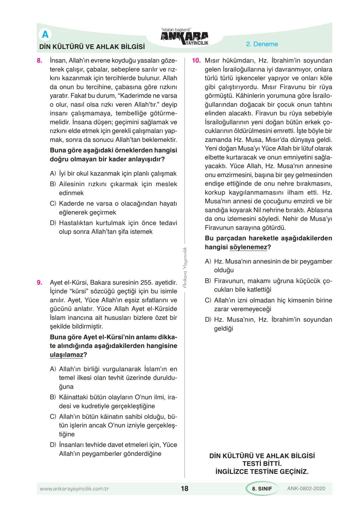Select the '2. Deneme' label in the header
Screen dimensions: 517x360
262,44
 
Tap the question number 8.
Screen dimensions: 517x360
40,61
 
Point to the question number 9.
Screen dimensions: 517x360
40,283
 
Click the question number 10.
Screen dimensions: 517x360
196,61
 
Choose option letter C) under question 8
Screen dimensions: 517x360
53,203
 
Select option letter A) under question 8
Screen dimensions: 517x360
53,173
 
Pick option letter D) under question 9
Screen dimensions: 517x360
53,445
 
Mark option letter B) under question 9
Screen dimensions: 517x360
53,397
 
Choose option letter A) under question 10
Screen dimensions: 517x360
208,262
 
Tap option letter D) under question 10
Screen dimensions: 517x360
208,320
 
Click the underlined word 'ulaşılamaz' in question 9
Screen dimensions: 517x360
66,355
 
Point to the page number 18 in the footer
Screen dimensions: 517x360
184,489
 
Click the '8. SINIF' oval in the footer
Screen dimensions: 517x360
262,489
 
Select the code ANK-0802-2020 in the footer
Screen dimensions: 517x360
306,489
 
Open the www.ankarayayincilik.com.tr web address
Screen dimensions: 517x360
74,489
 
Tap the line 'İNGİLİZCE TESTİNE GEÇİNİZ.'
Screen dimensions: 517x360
262,472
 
